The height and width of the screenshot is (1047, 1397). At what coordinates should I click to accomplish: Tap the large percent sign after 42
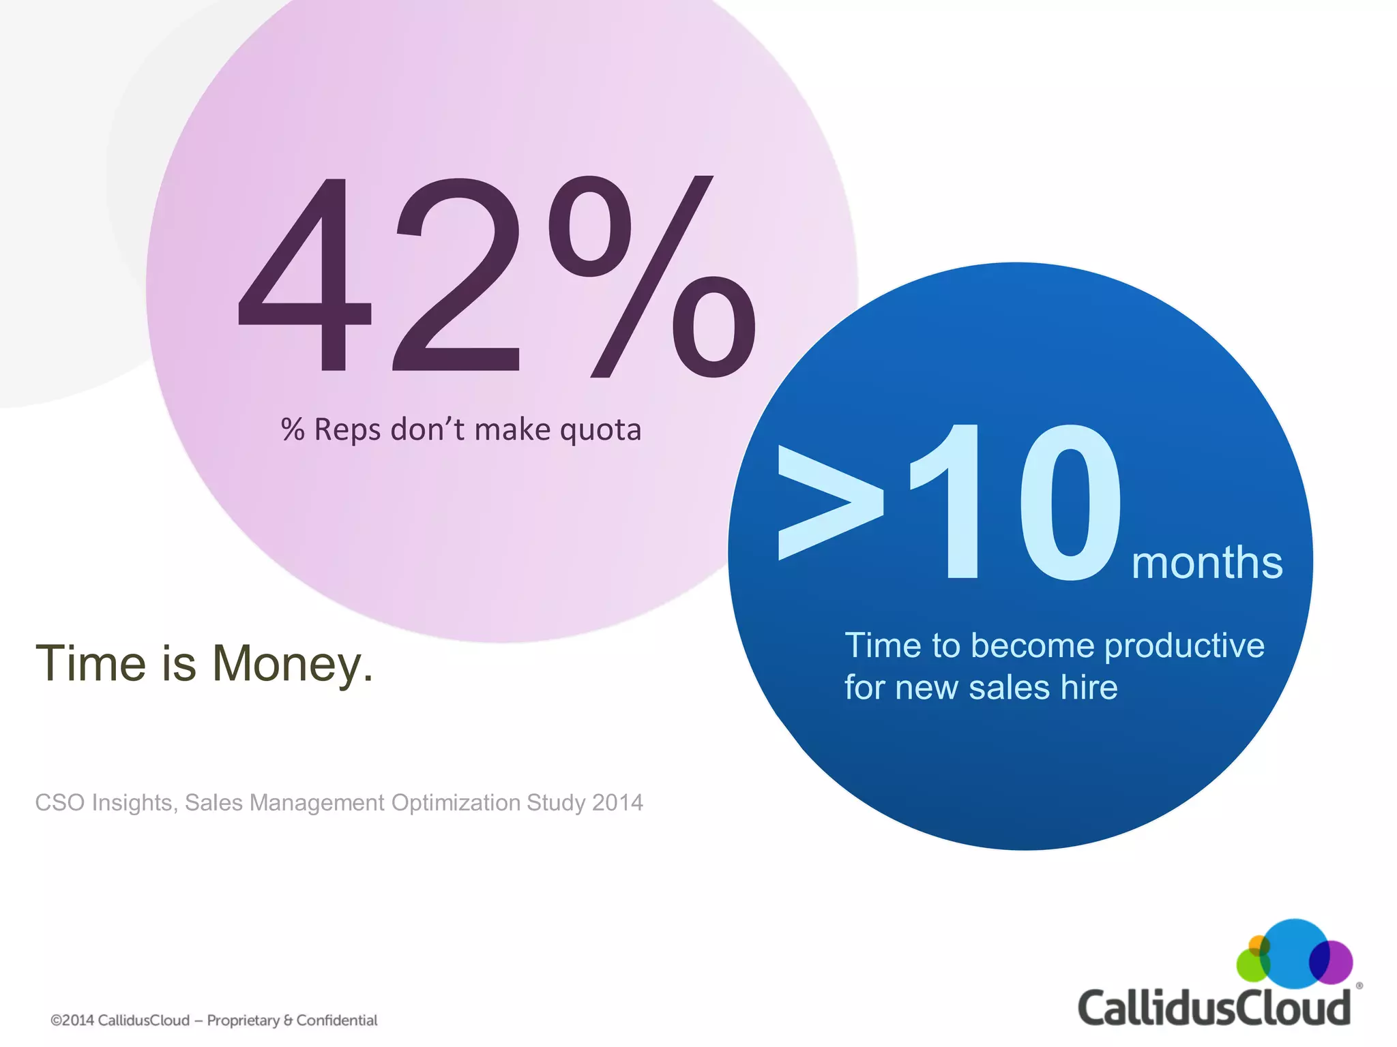(651, 276)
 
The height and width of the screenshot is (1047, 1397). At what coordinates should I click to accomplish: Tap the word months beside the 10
(1207, 563)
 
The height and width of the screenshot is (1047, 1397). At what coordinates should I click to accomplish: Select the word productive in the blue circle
(1184, 646)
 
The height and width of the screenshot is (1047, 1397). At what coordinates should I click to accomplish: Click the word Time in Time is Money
(91, 663)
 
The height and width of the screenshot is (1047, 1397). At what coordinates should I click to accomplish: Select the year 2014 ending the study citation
(617, 803)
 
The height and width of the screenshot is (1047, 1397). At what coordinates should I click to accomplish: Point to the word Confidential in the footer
(337, 1020)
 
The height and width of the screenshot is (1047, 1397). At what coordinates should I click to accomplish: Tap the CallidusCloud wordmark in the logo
(1214, 1007)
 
